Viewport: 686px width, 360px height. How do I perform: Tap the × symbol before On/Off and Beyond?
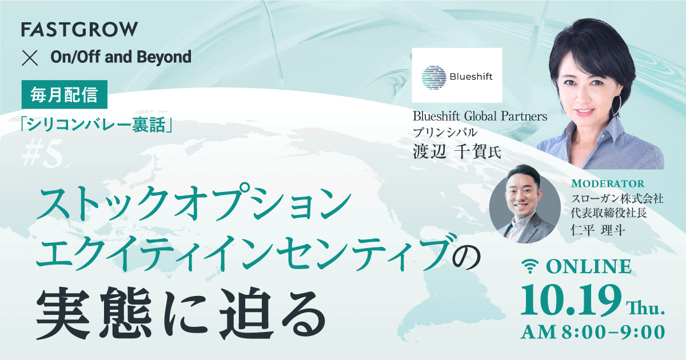coord(29,57)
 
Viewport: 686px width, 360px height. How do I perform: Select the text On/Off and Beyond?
coord(121,57)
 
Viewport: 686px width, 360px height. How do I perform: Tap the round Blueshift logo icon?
coord(433,76)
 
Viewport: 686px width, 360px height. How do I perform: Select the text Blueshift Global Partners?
coord(480,117)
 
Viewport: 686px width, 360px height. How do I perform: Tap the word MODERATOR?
coord(608,183)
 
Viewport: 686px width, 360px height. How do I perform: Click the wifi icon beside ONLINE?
coord(532,267)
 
